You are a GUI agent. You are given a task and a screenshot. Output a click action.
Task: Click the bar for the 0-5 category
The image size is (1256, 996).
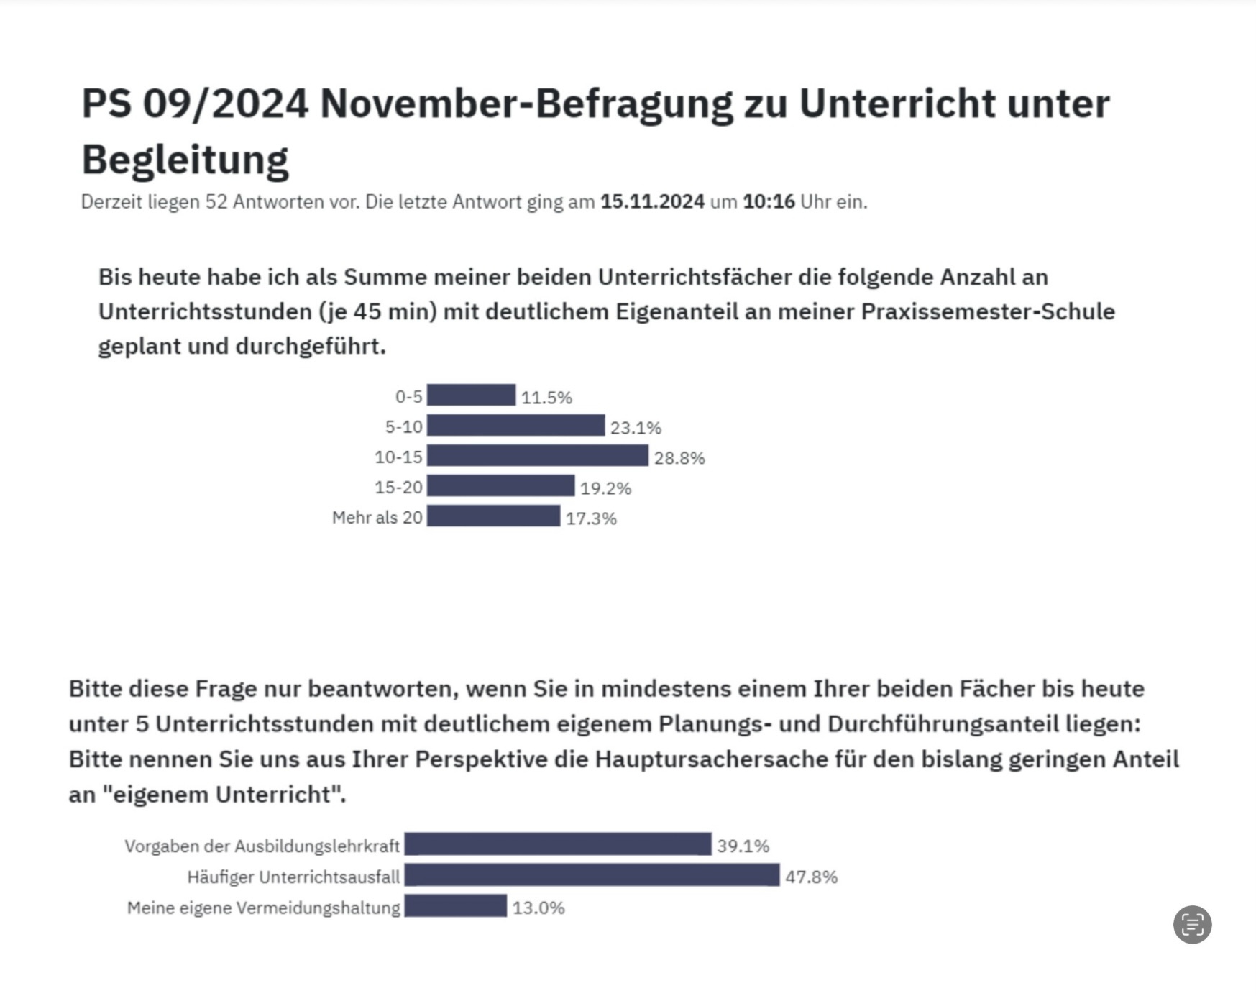[471, 396]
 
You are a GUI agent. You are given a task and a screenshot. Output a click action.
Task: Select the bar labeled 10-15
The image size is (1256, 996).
[537, 456]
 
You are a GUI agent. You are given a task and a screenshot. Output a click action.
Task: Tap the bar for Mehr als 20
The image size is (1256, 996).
[493, 516]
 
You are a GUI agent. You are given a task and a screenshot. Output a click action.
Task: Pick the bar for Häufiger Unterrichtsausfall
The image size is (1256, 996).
[592, 875]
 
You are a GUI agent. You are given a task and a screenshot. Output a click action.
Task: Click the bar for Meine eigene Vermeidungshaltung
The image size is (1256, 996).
[456, 906]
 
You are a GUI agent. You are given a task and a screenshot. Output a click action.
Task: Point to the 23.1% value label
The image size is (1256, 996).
[636, 428]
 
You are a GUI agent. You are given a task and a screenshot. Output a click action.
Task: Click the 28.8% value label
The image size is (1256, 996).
[679, 458]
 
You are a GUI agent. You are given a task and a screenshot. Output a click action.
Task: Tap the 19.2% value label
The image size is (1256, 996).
[605, 488]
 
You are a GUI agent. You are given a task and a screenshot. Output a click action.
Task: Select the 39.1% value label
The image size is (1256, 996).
[743, 846]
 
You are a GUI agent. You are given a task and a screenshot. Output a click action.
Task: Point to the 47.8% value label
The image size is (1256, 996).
[811, 877]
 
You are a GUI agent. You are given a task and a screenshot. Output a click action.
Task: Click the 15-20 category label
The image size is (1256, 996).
[398, 488]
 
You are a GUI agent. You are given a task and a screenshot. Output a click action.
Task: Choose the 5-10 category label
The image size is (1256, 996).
[403, 427]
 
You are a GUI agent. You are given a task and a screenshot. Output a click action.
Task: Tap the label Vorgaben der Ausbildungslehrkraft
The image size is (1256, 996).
[262, 846]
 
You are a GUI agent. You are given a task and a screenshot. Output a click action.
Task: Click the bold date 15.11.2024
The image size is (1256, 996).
[652, 202]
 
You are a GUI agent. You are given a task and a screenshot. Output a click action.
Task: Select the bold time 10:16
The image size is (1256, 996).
[769, 202]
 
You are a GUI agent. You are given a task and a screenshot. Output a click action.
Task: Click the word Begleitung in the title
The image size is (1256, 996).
[185, 160]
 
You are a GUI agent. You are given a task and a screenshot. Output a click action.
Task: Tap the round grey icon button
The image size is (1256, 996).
[1192, 924]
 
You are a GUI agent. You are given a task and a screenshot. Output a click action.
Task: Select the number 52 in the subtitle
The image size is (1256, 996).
[216, 202]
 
